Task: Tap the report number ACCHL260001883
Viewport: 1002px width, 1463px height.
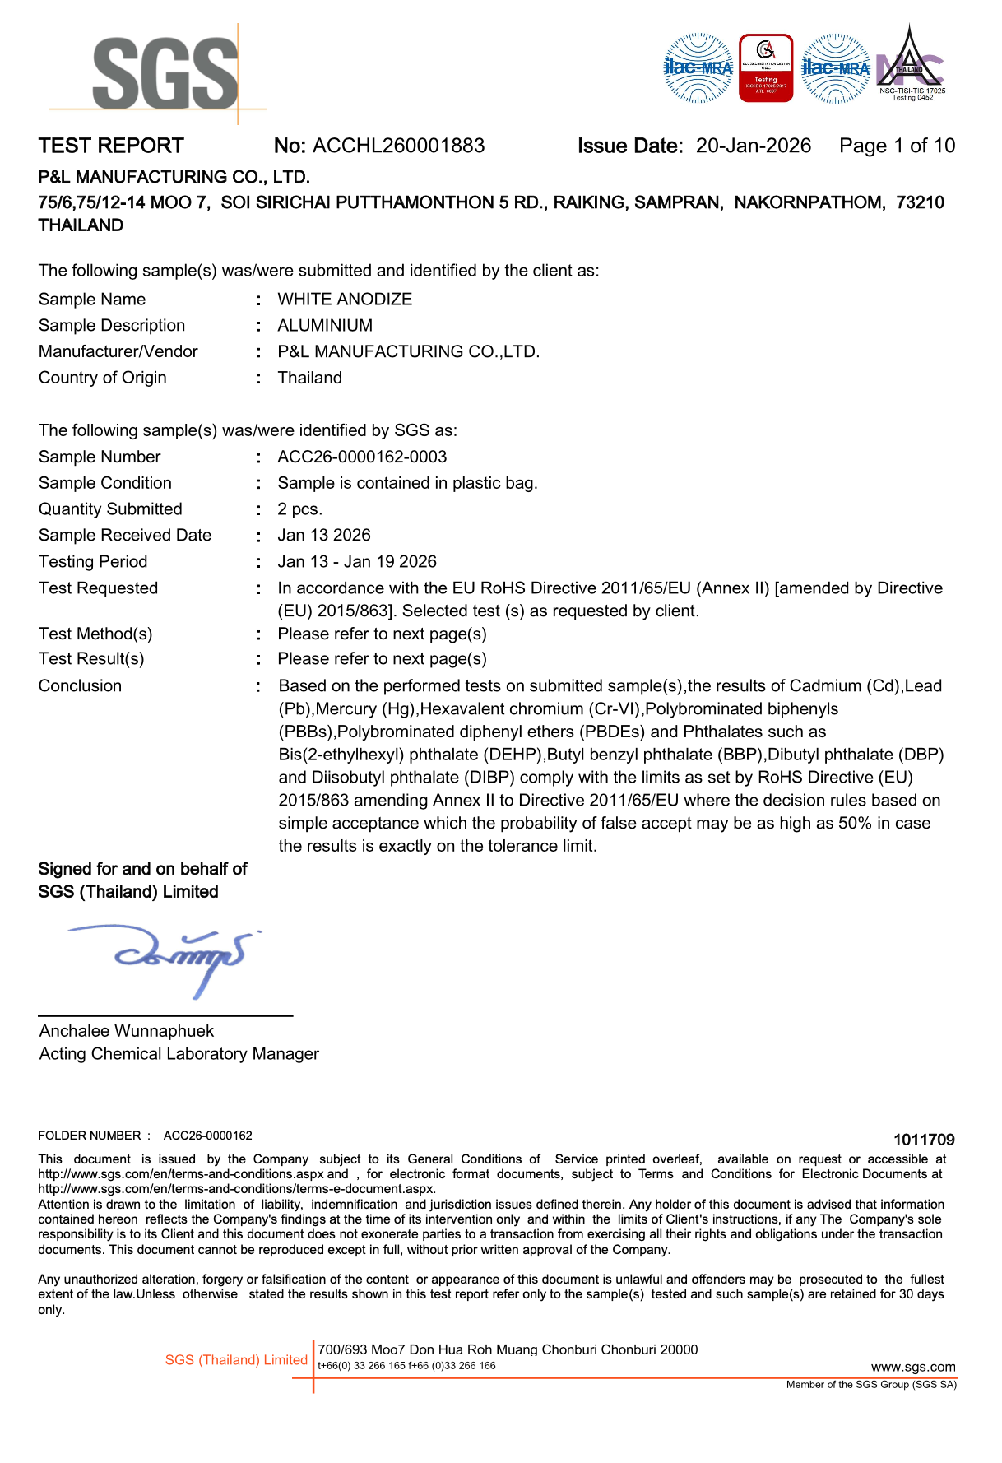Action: coord(399,146)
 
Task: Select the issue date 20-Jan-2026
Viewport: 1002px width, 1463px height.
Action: coord(753,146)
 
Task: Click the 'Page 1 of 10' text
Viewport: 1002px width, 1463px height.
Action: coord(897,146)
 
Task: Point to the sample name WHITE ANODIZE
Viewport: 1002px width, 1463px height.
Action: coord(345,300)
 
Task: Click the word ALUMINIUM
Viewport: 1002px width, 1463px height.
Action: coord(325,326)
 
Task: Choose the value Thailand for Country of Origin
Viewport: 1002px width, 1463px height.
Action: coord(309,378)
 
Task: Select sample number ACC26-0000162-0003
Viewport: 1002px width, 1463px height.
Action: coord(362,457)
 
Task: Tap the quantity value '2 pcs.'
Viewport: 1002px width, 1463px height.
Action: coord(299,509)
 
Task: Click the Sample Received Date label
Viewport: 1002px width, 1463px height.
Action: coord(125,536)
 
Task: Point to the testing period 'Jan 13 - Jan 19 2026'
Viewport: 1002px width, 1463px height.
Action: coord(357,562)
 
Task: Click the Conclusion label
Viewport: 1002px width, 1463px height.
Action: coord(80,686)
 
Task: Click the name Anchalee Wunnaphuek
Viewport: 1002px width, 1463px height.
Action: coord(126,1031)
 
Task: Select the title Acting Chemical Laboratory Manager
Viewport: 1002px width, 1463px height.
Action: coord(179,1054)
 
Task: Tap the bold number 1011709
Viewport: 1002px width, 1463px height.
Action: coord(924,1140)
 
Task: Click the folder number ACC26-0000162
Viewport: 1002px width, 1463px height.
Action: coord(207,1136)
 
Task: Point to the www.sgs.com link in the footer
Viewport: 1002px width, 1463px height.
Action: coord(913,1368)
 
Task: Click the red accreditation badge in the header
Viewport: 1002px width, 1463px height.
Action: coord(766,68)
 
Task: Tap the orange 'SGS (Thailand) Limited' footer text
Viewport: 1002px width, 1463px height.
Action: coord(236,1360)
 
